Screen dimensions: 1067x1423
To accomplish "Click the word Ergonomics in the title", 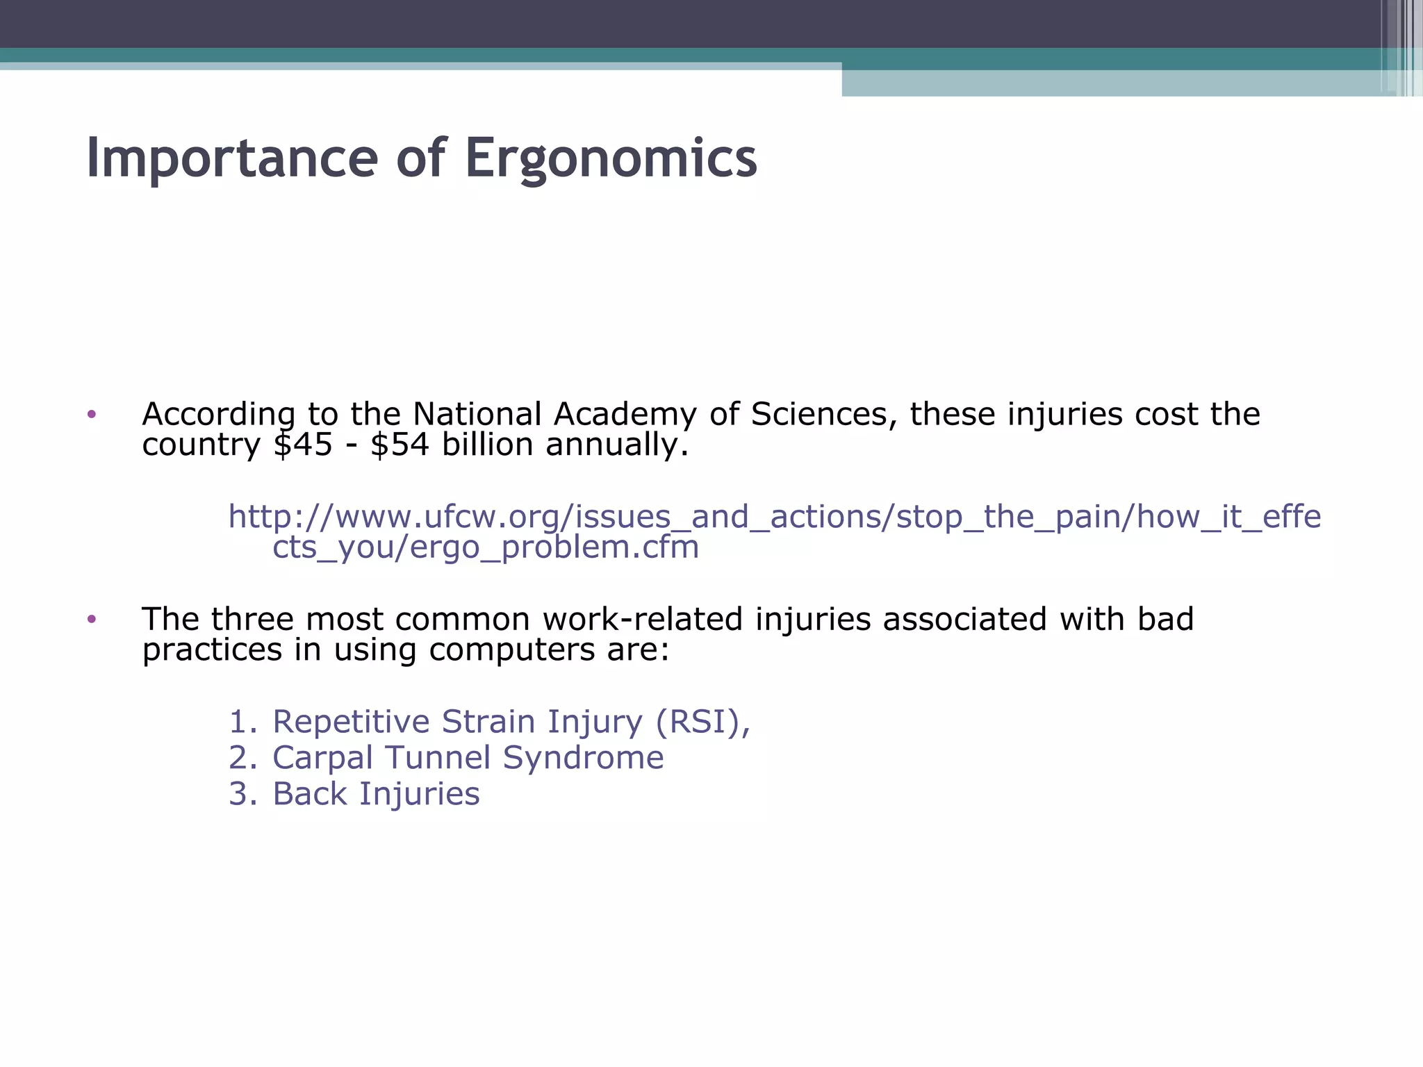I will [x=611, y=158].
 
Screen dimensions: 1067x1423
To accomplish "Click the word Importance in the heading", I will [x=232, y=158].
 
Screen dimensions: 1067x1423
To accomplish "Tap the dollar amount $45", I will [x=303, y=445].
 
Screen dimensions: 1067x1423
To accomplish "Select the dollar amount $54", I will [x=400, y=445].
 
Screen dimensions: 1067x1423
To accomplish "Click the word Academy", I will [x=625, y=414].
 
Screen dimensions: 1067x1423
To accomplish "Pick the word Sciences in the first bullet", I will [x=820, y=414].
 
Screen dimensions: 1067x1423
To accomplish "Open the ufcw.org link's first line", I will [x=774, y=517].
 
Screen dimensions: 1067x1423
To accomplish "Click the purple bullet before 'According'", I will [x=92, y=415].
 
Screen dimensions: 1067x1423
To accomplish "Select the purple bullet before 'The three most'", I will [x=92, y=619].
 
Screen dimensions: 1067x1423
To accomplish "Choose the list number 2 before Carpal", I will [x=242, y=757].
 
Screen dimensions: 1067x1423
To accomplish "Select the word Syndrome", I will [x=583, y=757].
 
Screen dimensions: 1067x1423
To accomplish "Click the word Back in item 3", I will [x=309, y=793].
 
